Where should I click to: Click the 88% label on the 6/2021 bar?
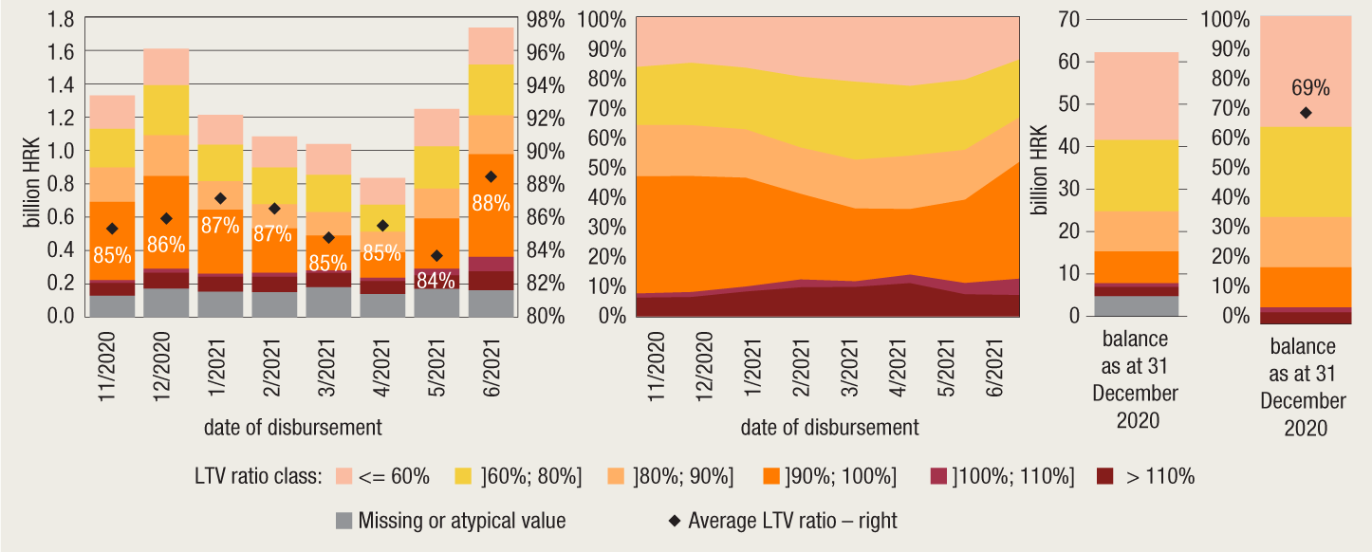click(491, 202)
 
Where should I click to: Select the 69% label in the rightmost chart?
click(1310, 88)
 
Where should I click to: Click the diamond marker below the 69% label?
click(1306, 113)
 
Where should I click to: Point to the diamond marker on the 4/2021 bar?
click(383, 225)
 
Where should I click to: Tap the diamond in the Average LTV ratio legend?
click(675, 520)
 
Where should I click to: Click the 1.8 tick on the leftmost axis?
click(60, 19)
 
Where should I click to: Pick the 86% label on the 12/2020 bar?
click(165, 245)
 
